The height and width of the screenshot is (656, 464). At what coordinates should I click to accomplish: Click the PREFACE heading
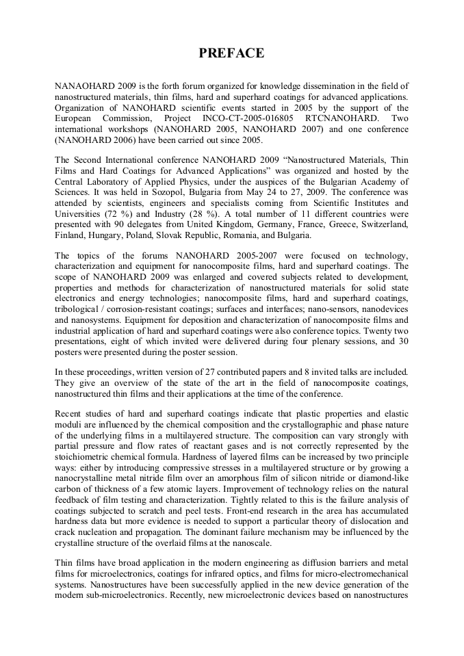(231, 53)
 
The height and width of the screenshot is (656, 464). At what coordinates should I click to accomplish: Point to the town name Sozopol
(144, 192)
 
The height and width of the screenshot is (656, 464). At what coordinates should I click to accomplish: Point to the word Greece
(324, 224)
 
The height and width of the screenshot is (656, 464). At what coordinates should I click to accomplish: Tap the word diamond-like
(381, 478)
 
